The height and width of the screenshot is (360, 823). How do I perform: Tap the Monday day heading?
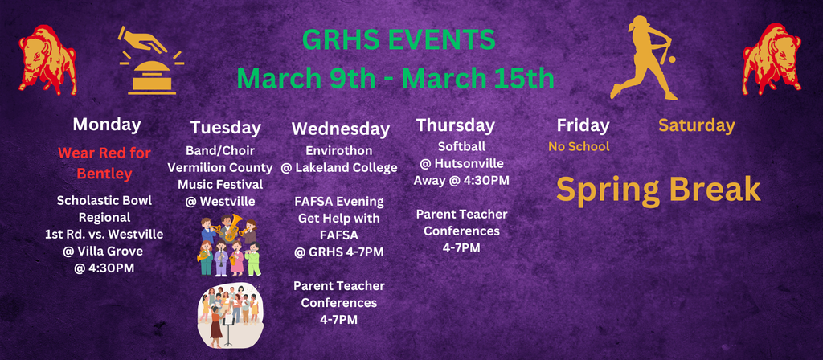click(x=107, y=125)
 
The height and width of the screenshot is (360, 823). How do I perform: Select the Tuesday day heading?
click(x=225, y=127)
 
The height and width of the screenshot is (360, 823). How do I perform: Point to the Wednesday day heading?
click(x=340, y=129)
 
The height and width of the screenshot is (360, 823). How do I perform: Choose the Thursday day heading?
click(x=455, y=125)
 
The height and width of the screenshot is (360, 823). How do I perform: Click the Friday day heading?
click(x=583, y=125)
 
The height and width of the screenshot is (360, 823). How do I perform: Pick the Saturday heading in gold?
click(x=696, y=125)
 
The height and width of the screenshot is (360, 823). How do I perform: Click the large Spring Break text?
click(x=658, y=189)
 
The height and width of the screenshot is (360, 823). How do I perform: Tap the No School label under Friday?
click(x=579, y=146)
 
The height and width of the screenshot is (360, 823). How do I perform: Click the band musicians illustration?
click(x=230, y=246)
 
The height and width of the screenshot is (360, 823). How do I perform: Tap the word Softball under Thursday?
click(x=461, y=146)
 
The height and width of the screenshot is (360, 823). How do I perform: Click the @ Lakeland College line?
click(x=338, y=168)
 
